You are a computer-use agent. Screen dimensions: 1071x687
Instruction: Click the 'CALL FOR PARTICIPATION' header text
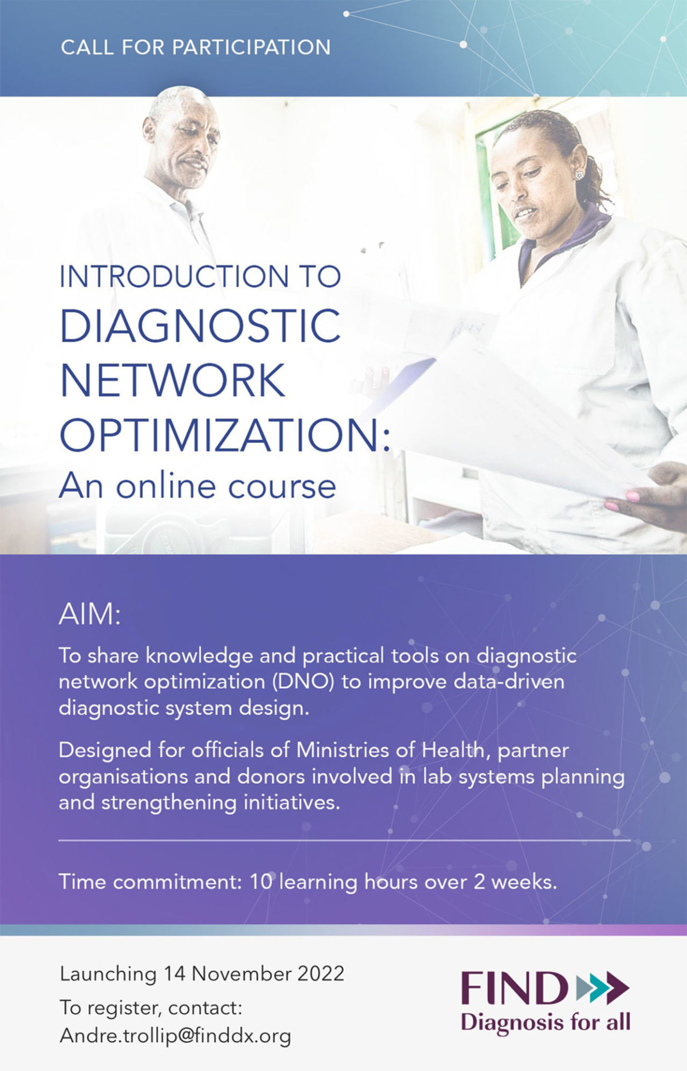tap(195, 47)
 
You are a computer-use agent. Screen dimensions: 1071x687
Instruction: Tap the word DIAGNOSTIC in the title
tap(200, 323)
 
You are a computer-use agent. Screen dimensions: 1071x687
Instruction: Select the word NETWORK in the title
tap(173, 380)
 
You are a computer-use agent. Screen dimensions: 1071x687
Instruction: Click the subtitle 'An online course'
tap(197, 486)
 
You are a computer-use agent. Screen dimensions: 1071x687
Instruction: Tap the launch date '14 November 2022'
tap(254, 973)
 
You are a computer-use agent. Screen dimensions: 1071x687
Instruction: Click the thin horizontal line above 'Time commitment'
tap(344, 841)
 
